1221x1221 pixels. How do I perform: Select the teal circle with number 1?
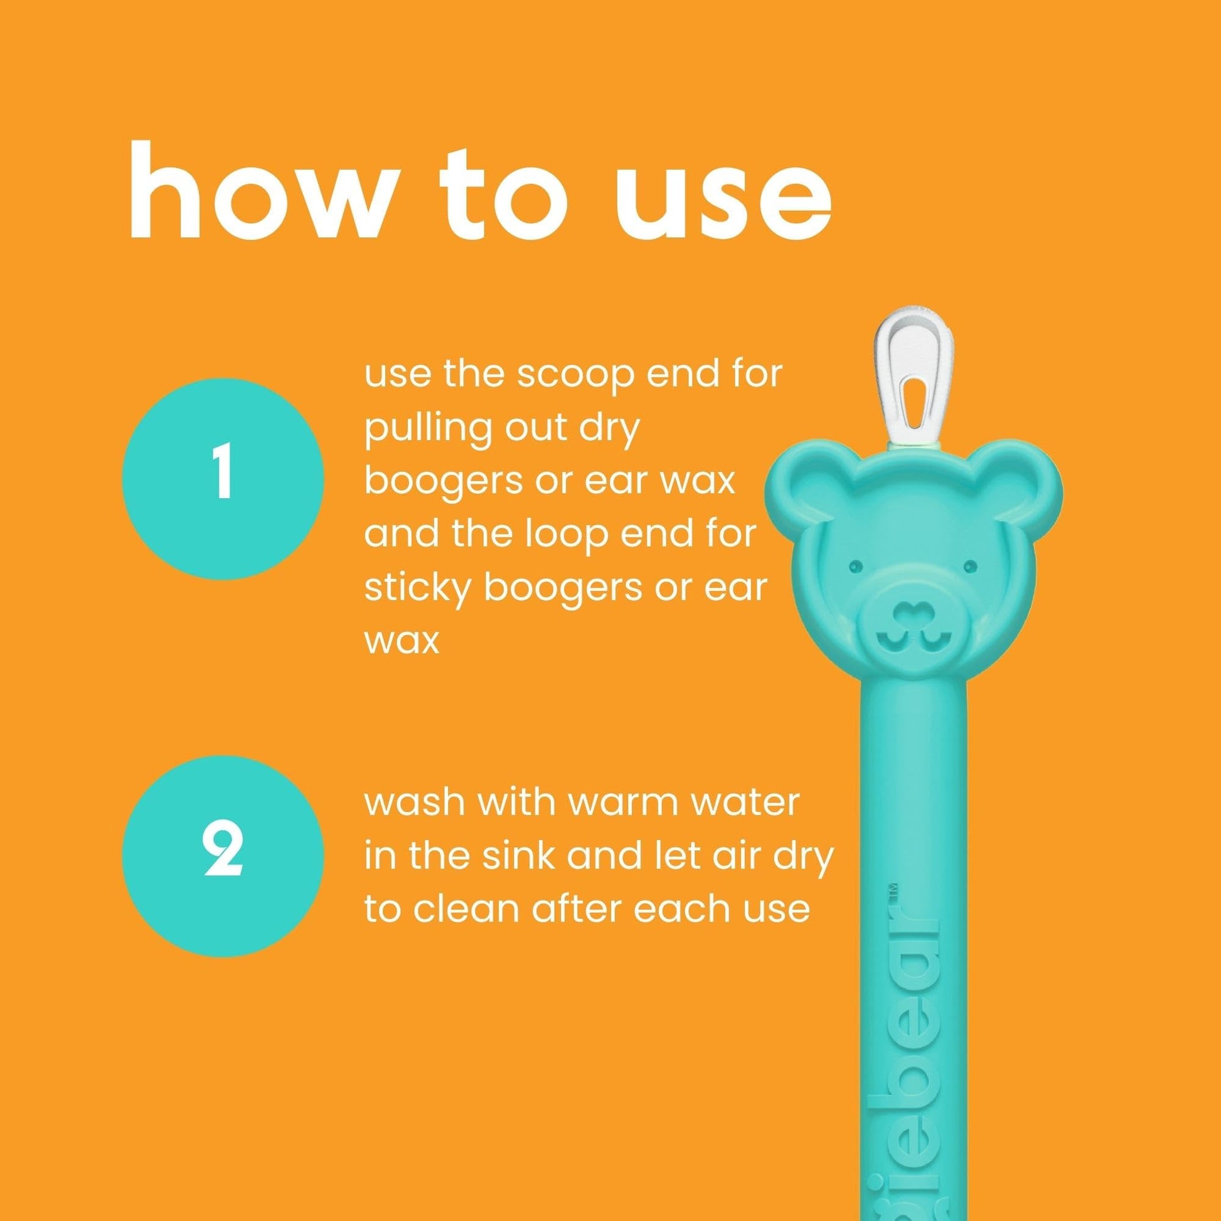point(223,479)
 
